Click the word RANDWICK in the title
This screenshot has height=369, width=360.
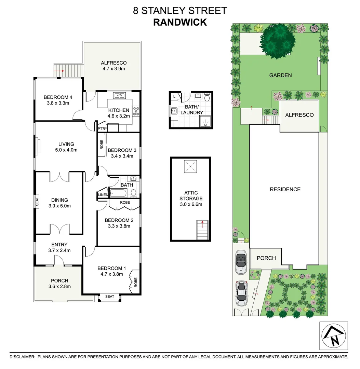[180, 22]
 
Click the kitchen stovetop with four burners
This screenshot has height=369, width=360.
[136, 111]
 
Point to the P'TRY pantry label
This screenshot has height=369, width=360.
[102, 129]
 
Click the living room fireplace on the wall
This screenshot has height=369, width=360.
[39, 146]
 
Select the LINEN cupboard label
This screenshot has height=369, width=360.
[103, 195]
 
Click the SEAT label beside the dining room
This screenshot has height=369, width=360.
[37, 201]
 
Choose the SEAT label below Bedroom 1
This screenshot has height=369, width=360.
[109, 297]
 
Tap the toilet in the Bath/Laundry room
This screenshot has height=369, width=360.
[206, 98]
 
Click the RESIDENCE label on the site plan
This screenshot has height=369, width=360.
[285, 189]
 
